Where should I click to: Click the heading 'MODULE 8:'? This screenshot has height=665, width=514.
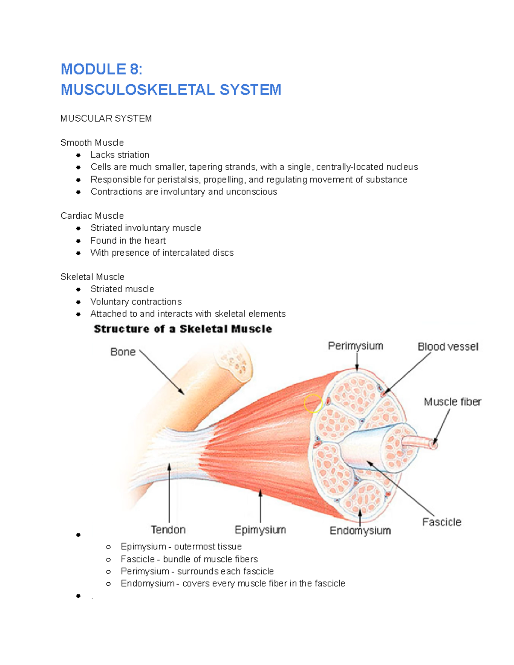tap(101, 69)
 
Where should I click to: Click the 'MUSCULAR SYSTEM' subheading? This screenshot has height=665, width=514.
tap(106, 119)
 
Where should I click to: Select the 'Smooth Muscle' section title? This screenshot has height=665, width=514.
tap(92, 143)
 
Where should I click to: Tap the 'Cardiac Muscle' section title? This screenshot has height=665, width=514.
tap(92, 216)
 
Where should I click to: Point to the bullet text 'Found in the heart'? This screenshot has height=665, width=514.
tap(128, 241)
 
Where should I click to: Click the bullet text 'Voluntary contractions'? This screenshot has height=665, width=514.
tap(136, 301)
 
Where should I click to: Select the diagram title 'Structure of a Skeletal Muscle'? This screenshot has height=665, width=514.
tap(183, 329)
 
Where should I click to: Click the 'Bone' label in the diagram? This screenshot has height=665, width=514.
tap(123, 352)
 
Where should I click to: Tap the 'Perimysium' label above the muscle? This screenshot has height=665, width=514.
tap(356, 346)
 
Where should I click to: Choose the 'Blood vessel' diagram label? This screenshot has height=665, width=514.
tap(448, 347)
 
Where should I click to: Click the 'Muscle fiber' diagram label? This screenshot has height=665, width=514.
tap(452, 402)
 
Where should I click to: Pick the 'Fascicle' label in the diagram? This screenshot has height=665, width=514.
tap(442, 522)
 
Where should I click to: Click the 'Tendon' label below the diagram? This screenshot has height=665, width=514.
tap(168, 530)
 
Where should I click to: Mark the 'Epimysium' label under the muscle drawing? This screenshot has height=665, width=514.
tap(260, 530)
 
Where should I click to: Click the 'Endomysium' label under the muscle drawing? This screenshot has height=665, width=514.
tap(360, 531)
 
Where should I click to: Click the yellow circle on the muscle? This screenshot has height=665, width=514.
tap(313, 403)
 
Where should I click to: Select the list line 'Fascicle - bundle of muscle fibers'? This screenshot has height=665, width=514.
tap(189, 559)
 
